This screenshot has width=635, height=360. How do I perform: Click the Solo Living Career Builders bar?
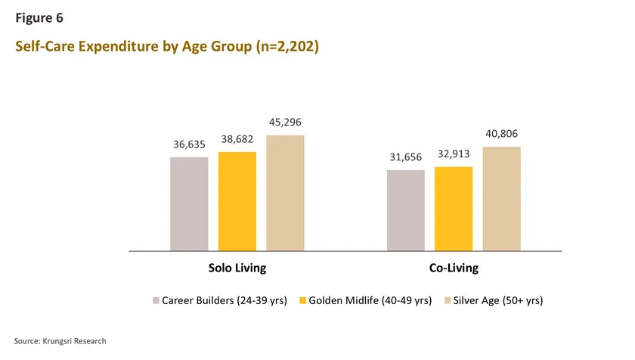[189, 203]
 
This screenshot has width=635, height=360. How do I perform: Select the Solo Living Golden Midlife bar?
[237, 200]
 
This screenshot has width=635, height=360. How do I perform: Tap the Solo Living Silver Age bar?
[285, 193]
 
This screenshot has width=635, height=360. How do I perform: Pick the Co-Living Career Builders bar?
[406, 209]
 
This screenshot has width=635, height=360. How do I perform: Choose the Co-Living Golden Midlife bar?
[454, 208]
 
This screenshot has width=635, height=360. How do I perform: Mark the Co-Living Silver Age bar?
[502, 198]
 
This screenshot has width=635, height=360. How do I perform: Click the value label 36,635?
[189, 144]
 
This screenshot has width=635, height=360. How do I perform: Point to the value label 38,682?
[237, 139]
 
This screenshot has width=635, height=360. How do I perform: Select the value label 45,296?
[285, 123]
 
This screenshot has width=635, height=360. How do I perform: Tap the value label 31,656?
[406, 157]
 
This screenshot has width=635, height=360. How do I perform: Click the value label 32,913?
[454, 154]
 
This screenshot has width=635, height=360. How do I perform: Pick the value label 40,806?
[502, 134]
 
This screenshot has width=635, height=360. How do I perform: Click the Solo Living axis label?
[237, 268]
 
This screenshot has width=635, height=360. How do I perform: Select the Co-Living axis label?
[454, 268]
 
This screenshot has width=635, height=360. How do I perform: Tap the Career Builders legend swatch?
[156, 301]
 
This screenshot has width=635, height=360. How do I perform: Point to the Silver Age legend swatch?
[447, 301]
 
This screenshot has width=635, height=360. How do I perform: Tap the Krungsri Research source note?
[60, 341]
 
